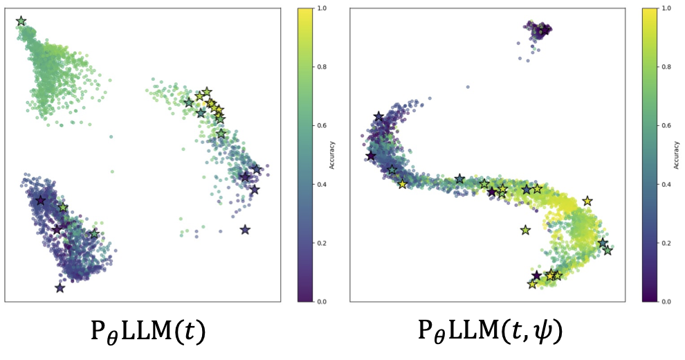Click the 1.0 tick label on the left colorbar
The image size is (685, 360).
click(323, 9)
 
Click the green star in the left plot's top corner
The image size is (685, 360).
click(21, 22)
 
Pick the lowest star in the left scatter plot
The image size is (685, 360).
click(60, 287)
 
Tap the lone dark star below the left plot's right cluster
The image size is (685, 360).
click(245, 230)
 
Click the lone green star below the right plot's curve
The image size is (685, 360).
click(525, 230)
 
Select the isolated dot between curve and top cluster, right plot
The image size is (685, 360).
click(468, 87)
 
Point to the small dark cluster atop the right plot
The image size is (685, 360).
click(538, 29)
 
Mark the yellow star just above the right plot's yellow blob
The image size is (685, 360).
click(587, 201)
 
